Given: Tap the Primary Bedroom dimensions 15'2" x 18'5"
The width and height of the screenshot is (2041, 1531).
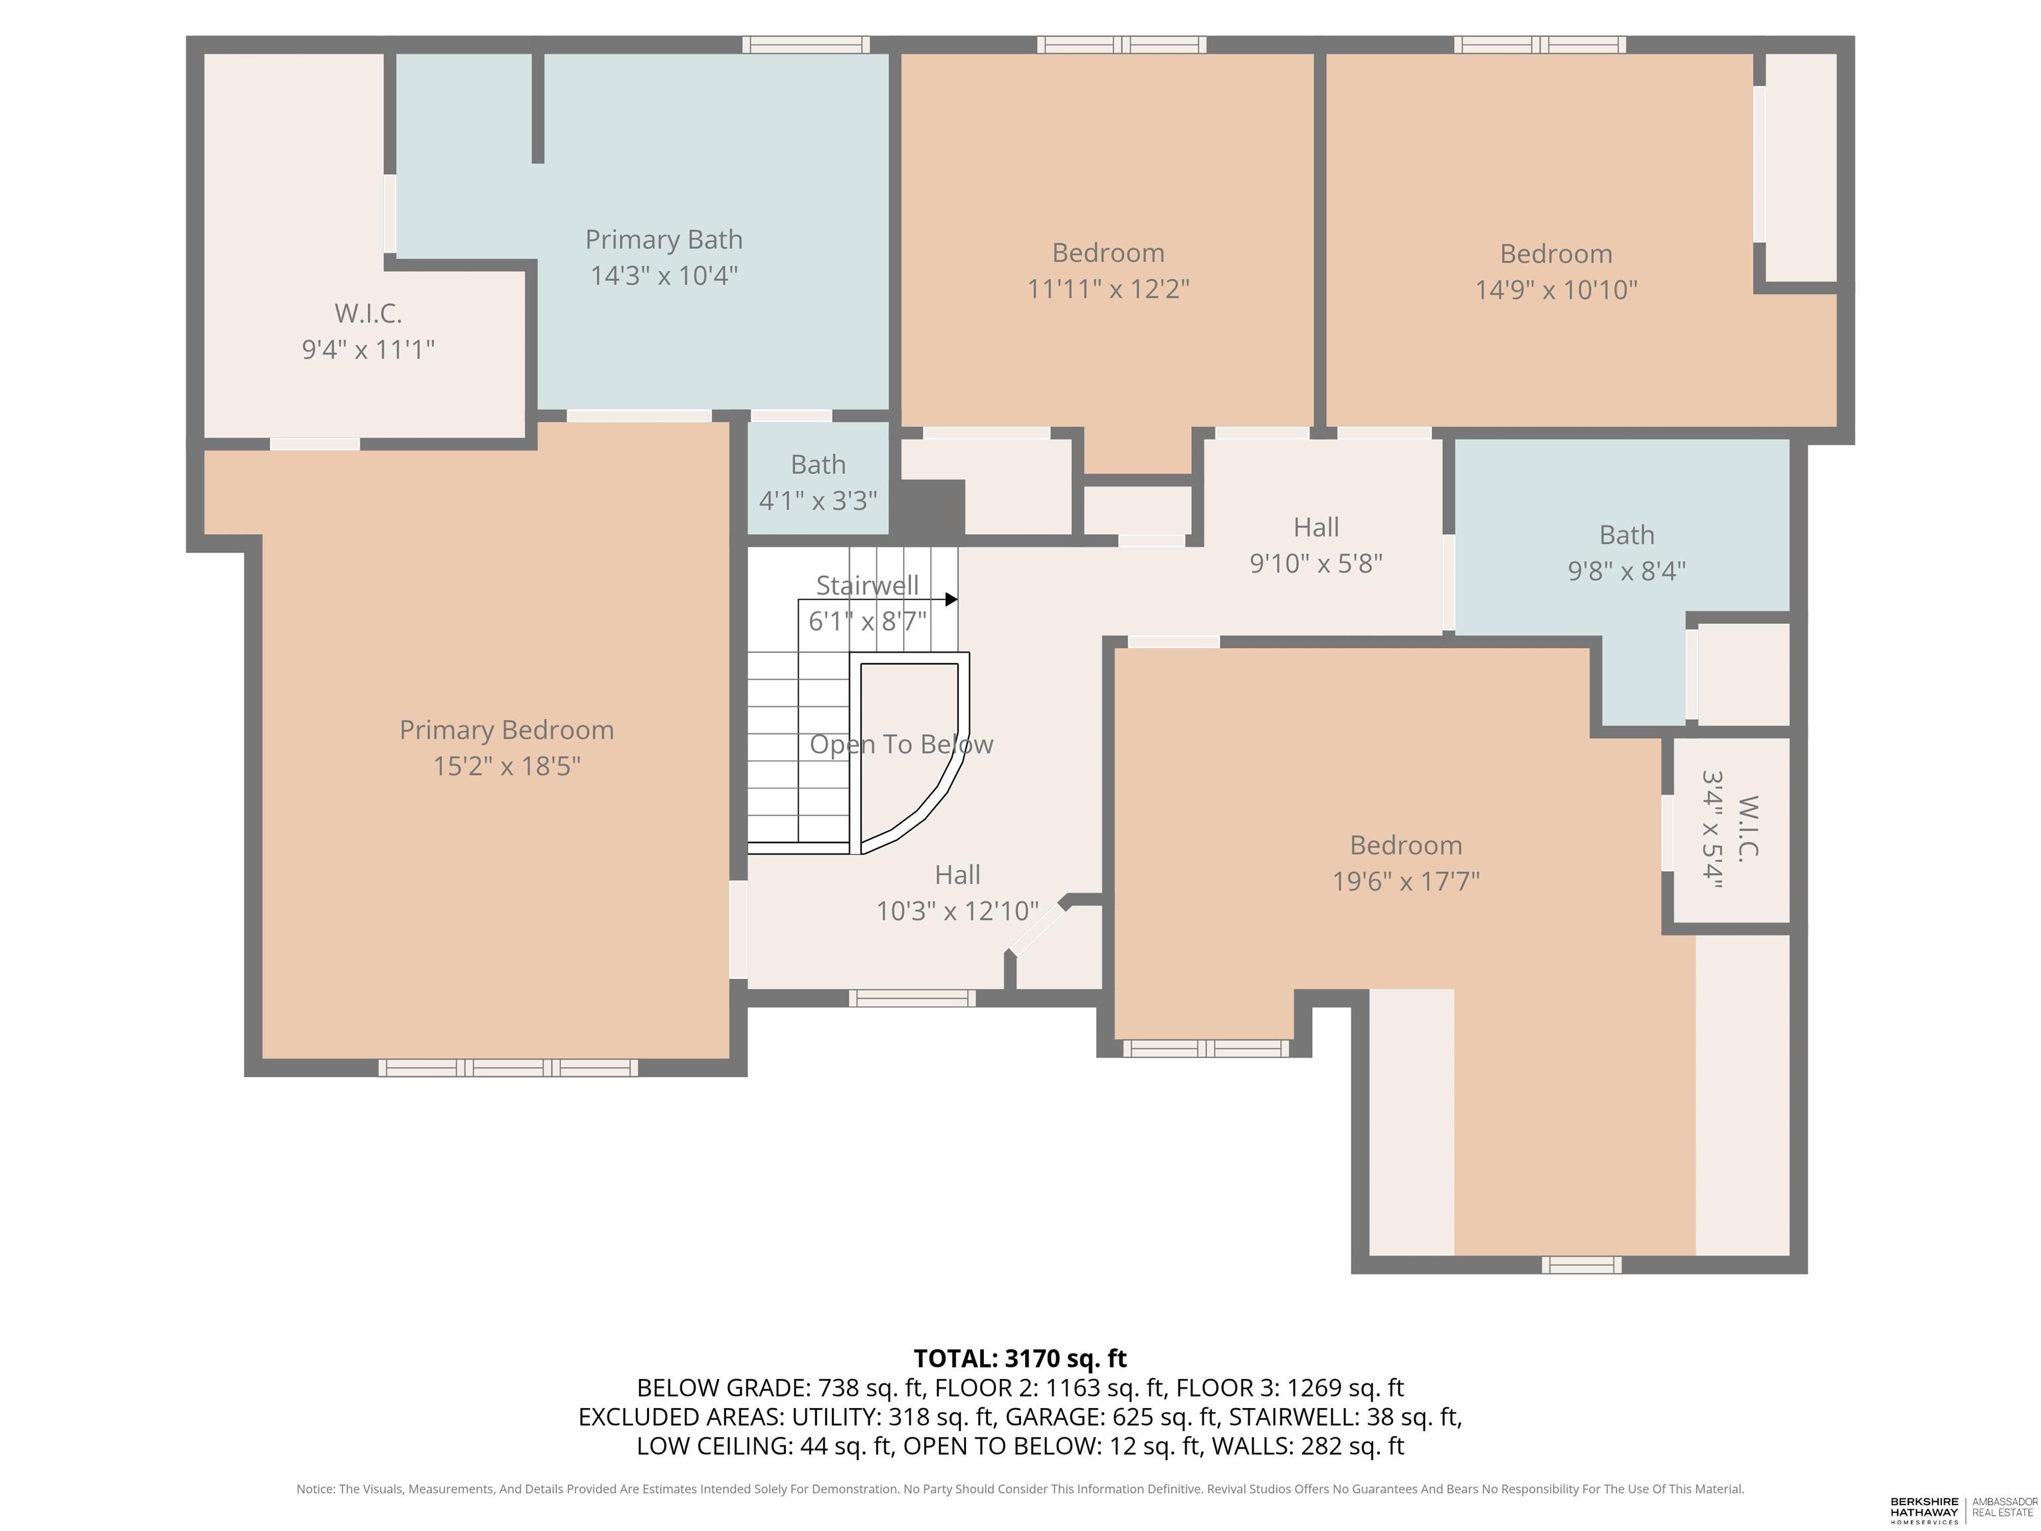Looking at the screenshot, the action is point(506,766).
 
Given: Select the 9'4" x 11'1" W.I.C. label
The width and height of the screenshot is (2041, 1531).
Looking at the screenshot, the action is point(368,332).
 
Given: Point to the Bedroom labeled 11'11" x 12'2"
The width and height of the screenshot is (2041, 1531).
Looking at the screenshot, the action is point(1108,270).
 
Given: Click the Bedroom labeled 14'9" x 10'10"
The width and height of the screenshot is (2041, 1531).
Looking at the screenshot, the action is point(1555,271).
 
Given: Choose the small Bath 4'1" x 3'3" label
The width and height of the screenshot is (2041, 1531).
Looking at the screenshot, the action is point(817,482).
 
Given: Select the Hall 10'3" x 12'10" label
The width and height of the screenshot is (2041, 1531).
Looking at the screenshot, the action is point(957,892).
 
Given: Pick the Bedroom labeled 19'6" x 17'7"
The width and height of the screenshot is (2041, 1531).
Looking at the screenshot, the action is point(1405,863).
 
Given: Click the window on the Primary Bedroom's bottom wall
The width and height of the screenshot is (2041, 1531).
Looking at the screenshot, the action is point(508,1068).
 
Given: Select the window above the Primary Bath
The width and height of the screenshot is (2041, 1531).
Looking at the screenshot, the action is point(805,45).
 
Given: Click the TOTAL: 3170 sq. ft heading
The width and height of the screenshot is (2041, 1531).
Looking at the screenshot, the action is point(1020,1358).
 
